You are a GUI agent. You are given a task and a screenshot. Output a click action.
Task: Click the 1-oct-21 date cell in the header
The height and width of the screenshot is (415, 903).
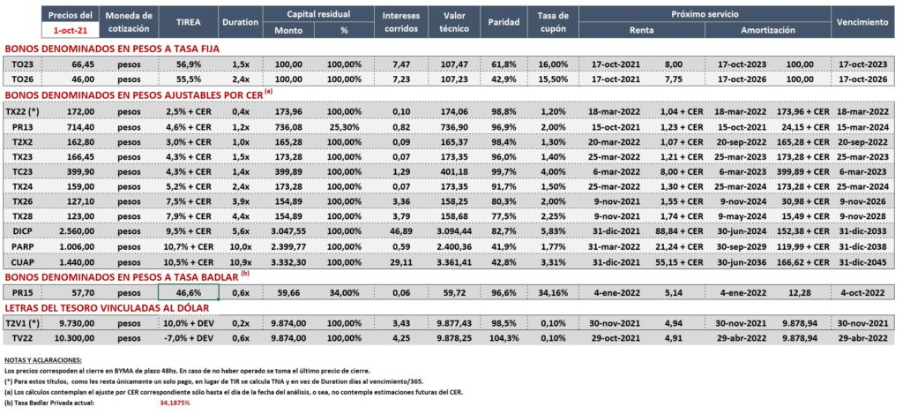[71, 28]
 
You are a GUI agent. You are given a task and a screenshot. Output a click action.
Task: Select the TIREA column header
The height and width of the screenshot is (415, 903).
[188, 22]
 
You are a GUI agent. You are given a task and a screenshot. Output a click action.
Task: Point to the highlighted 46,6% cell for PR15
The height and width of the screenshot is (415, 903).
[189, 292]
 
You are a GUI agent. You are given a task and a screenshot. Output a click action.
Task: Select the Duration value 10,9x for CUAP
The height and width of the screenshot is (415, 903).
[240, 262]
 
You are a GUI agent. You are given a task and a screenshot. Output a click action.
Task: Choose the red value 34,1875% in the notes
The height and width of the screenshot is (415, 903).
[175, 403]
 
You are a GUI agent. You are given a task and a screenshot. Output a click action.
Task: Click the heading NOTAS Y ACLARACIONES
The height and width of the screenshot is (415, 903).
[42, 360]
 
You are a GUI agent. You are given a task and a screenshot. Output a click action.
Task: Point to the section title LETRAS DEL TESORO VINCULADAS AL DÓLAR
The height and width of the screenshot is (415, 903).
[106, 308]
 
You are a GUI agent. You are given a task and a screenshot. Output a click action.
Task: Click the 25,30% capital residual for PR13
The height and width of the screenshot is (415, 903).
[344, 126]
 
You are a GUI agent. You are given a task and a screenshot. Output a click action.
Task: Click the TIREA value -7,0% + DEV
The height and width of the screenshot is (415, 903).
[188, 338]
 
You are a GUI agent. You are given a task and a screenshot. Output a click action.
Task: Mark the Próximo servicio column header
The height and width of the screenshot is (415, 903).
[705, 13]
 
